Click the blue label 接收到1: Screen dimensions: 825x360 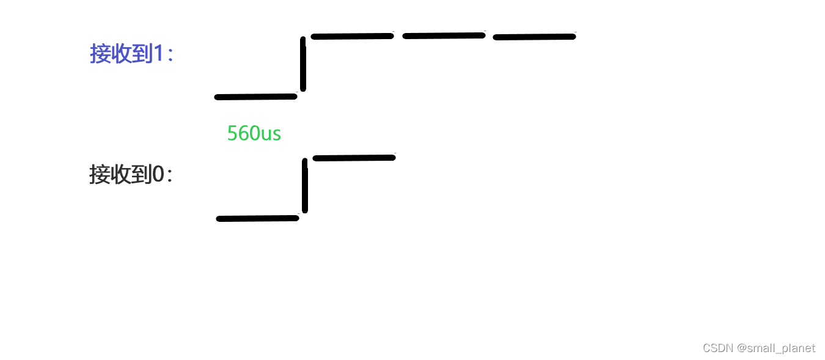point(131,54)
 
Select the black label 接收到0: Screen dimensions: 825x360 point(131,175)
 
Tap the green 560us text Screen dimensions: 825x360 point(254,133)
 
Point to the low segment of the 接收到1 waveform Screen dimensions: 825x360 point(255,97)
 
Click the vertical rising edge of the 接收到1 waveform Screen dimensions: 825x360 point(303,64)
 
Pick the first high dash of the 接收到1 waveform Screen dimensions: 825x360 point(352,37)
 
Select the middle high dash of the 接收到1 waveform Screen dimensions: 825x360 point(444,36)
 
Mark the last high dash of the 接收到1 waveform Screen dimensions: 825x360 point(534,37)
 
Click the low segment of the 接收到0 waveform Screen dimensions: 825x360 point(257,218)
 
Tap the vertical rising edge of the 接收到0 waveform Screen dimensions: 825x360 point(305,186)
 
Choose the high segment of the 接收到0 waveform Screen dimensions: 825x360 point(354,158)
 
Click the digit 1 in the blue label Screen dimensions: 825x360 point(158,54)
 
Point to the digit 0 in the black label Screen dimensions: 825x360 point(158,175)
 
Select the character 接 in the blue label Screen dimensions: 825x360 point(100,54)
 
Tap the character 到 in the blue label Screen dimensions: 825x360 point(142,54)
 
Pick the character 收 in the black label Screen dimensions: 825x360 point(120,175)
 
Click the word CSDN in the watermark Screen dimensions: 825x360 point(717,348)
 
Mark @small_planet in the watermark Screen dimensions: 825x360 point(776,348)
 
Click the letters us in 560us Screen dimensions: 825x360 point(271,134)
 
